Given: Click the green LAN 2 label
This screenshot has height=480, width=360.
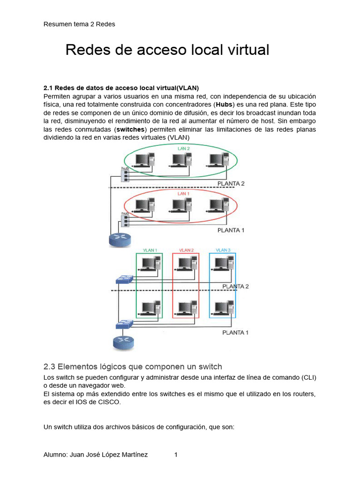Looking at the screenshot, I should [x=183, y=149].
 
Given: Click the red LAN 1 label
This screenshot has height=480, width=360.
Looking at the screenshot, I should [x=183, y=193].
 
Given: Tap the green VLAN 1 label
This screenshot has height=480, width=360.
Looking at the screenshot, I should [x=150, y=250].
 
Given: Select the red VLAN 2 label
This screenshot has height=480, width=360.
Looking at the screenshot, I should [x=186, y=250].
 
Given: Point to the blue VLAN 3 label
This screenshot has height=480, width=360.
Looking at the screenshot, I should [x=223, y=250].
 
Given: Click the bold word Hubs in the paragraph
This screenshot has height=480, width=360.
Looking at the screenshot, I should [x=224, y=104].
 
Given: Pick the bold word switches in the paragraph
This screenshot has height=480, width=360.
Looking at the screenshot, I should [x=132, y=129].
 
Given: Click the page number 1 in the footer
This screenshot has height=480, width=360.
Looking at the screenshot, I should [x=176, y=455].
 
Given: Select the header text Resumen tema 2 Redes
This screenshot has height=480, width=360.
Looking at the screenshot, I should [x=79, y=24].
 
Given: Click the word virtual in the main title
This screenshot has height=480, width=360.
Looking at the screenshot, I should [x=247, y=50].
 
